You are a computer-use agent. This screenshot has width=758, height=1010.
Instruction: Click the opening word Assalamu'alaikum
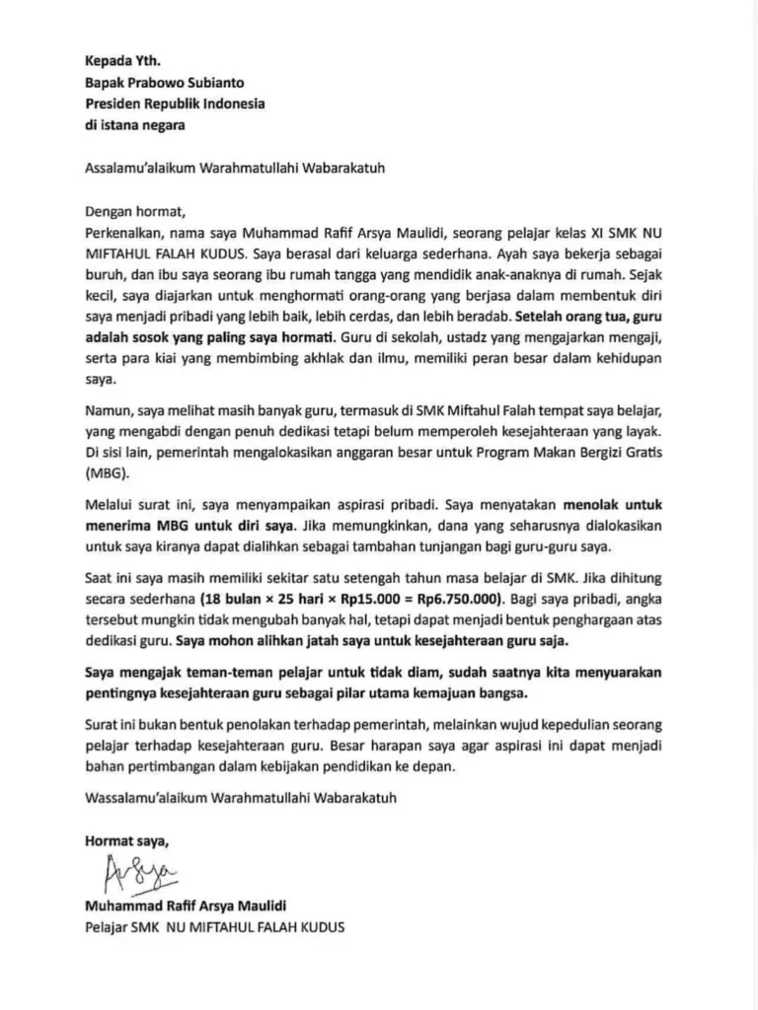click(x=139, y=167)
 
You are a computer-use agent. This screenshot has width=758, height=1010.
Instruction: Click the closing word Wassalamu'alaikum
click(x=144, y=797)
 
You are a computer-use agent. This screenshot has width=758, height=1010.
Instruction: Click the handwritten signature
click(x=138, y=874)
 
